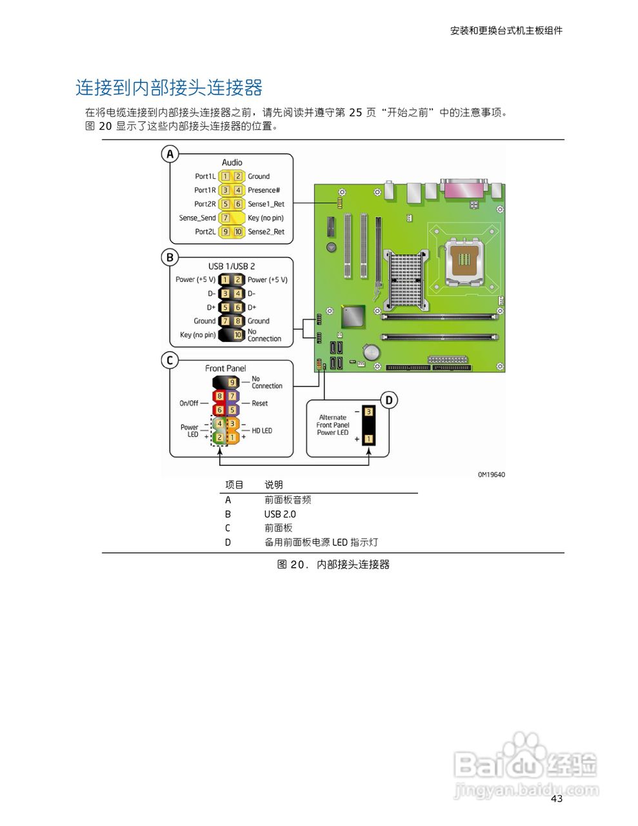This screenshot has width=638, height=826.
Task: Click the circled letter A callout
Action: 170,154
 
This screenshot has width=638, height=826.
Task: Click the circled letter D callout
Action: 388,400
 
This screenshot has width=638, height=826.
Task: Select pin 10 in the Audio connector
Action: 238,232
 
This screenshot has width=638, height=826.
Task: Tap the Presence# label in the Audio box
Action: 264,190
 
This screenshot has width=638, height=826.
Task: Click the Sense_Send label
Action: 197,218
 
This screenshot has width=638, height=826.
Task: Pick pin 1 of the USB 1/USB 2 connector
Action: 225,280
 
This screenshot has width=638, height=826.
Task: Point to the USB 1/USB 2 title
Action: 232,266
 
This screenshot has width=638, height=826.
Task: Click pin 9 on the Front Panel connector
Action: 232,383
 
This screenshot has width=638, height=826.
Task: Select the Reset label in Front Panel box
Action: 260,403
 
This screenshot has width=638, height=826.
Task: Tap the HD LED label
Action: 262,430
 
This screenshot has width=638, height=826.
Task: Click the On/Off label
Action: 189,403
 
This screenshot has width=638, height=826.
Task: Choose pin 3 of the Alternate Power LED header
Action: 368,412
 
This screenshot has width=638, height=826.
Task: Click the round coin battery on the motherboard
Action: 372,352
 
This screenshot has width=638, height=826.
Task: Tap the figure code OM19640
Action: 492,475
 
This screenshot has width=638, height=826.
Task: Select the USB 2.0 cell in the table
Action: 280,514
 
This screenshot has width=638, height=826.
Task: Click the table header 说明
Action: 274,485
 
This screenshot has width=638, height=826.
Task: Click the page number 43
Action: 557,799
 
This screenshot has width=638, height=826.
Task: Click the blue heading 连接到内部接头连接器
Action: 169,88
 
